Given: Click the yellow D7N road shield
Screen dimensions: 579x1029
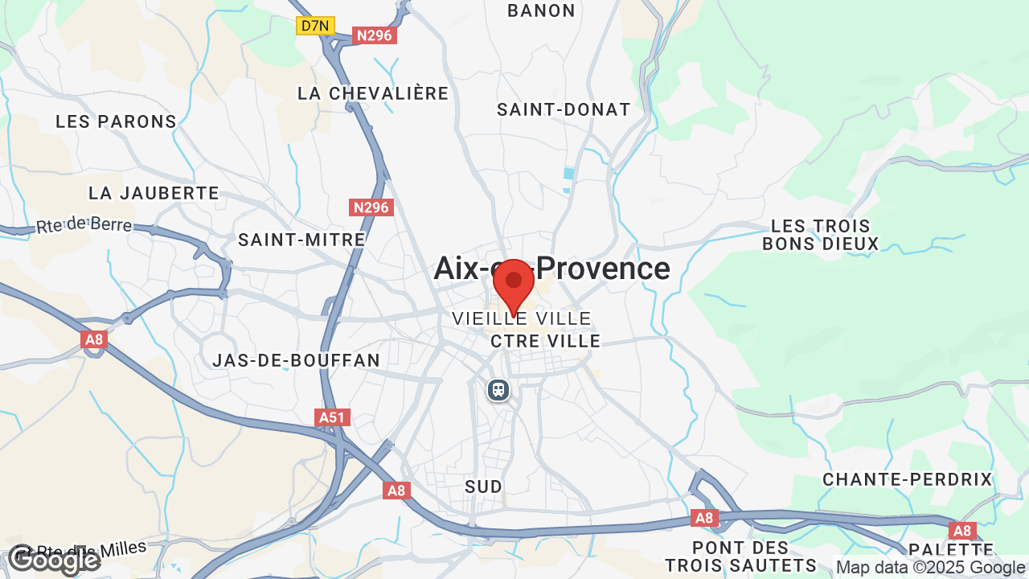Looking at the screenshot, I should tap(315, 26).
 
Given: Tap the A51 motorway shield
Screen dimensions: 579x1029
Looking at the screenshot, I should tap(332, 417).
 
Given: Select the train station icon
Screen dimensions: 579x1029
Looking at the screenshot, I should tap(498, 390).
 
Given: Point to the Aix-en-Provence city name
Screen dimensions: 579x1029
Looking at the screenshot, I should tap(551, 268).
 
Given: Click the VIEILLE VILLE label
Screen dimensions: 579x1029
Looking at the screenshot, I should tap(522, 318).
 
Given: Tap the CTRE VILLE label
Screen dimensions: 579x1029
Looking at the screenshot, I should tap(546, 341).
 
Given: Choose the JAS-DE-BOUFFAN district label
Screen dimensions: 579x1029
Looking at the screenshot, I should tap(296, 360).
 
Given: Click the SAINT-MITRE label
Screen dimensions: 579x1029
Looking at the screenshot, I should tap(301, 240).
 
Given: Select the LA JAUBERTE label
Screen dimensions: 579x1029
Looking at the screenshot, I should tap(154, 193).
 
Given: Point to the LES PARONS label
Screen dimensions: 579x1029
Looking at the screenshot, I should tap(116, 121).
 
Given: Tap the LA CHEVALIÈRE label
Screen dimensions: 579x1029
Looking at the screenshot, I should tap(373, 93).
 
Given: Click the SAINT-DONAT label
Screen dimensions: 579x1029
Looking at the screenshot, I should tap(564, 109).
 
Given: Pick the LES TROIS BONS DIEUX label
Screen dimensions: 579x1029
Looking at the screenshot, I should tap(821, 235).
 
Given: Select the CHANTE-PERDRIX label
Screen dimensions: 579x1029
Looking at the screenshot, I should tap(908, 479).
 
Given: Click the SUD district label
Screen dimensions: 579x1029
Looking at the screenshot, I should tap(484, 487).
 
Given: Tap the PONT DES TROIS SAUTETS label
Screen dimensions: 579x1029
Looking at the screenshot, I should tap(740, 556).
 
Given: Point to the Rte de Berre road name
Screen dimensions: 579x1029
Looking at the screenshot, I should tap(84, 225).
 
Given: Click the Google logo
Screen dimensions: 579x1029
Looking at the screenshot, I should tap(53, 559).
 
